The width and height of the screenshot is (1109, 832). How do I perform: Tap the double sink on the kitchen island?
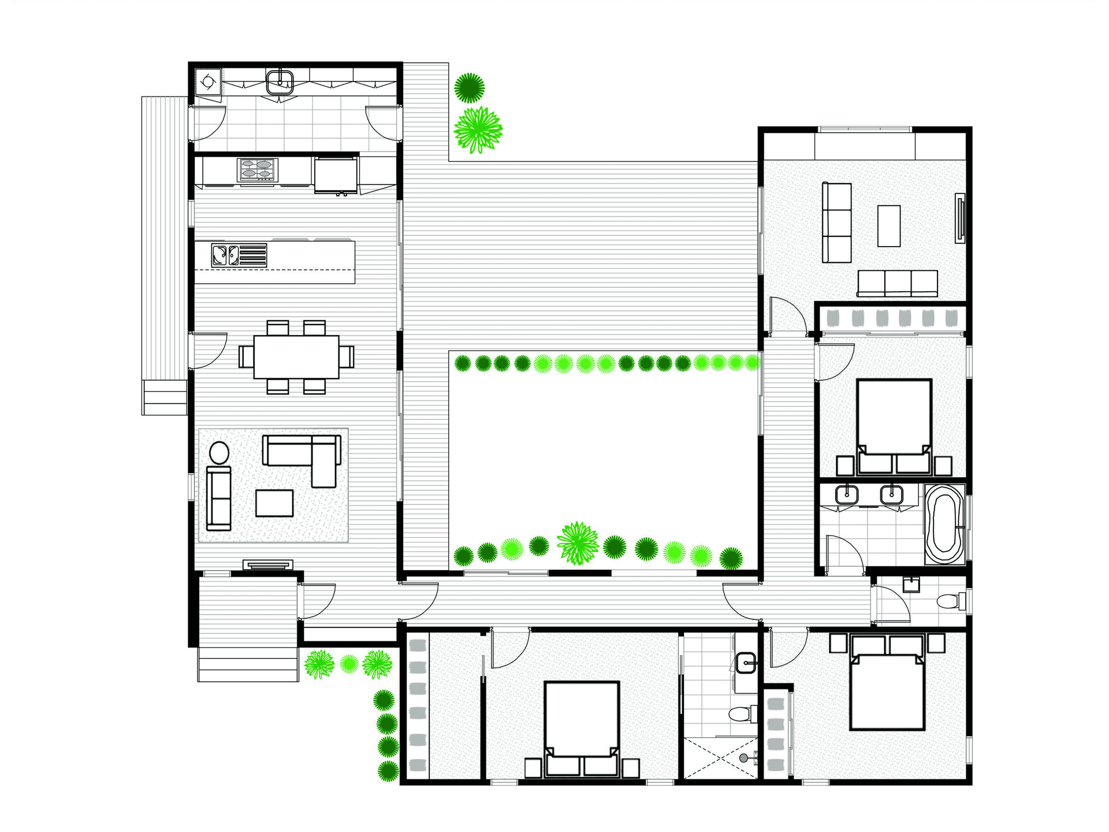[x=225, y=255]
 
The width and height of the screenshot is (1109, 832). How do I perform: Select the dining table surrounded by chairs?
[x=296, y=356]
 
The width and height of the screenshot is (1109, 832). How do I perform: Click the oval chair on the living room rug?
[x=219, y=453]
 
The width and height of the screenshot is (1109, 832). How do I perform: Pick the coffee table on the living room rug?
[x=274, y=503]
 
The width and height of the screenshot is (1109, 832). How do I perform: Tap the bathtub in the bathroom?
[x=944, y=525]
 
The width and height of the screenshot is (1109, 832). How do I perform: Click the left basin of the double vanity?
[x=847, y=495]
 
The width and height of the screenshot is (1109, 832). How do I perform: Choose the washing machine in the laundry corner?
[x=206, y=81]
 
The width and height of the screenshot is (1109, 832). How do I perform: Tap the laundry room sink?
[x=280, y=81]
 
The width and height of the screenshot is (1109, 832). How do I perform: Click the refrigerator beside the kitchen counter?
[x=336, y=174]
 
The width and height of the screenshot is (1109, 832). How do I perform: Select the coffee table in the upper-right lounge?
[x=889, y=226]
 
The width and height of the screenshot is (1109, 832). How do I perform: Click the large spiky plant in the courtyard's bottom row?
[x=578, y=543]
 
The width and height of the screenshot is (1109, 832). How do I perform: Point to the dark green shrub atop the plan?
[x=469, y=88]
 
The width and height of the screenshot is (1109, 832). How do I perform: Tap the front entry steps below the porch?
[x=248, y=664]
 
